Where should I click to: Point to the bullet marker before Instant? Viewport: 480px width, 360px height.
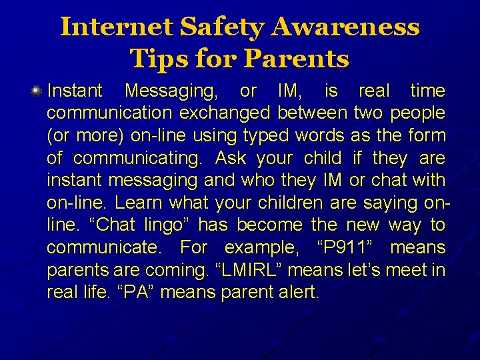pos(38,91)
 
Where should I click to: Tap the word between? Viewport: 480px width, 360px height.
pos(312,113)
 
